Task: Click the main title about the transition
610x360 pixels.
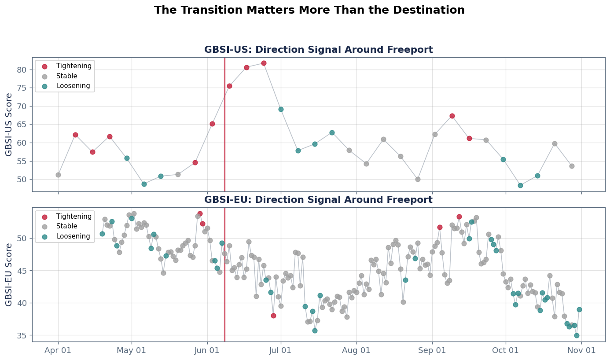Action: (309, 10)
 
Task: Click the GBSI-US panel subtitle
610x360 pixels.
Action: (318, 50)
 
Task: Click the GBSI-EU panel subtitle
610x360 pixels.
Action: (318, 200)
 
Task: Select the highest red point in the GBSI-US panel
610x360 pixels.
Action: (264, 63)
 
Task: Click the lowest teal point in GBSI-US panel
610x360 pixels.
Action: (520, 185)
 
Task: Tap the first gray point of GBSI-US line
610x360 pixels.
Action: (58, 175)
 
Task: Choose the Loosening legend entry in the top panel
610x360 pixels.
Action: (73, 86)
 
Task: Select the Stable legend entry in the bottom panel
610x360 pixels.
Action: (66, 226)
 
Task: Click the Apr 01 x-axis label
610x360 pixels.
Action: (58, 350)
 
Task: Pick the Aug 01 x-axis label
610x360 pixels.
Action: (356, 350)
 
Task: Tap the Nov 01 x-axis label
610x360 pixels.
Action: (581, 350)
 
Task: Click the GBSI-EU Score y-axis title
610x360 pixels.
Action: (9, 274)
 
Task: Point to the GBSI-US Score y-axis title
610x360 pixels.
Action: (9, 125)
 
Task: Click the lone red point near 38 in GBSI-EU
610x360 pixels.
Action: (273, 316)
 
